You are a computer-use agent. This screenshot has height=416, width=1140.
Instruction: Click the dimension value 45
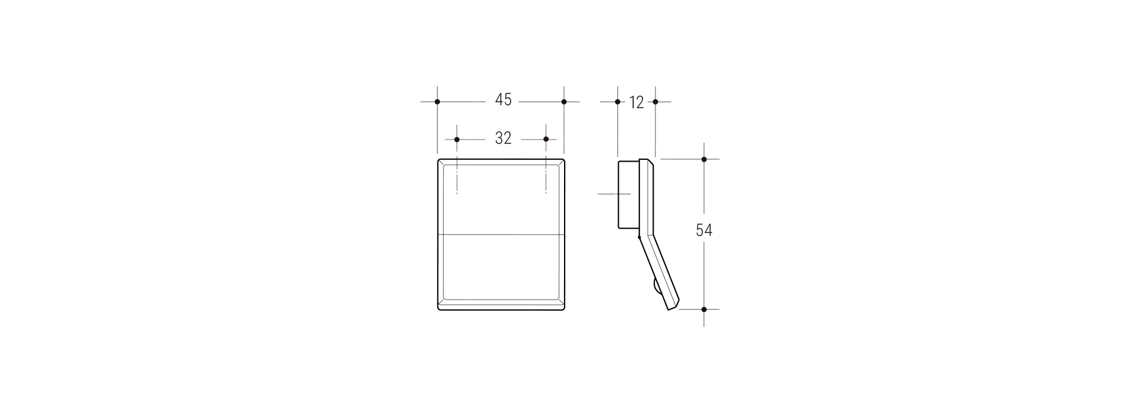click(x=503, y=100)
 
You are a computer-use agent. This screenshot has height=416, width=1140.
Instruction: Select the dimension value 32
click(x=503, y=138)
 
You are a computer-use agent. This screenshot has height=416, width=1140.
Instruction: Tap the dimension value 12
click(x=636, y=103)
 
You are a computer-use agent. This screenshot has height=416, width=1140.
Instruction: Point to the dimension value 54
click(x=704, y=230)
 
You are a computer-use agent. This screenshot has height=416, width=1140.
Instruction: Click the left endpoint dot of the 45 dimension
click(x=438, y=102)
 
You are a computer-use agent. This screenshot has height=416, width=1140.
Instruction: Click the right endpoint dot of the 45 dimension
click(x=564, y=102)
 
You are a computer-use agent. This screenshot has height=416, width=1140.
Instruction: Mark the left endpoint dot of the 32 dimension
click(x=457, y=140)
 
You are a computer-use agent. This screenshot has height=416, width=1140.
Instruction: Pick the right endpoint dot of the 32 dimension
click(x=546, y=140)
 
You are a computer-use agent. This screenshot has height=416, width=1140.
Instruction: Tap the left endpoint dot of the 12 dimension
click(x=618, y=102)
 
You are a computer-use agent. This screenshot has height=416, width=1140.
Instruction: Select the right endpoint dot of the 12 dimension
click(x=655, y=102)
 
